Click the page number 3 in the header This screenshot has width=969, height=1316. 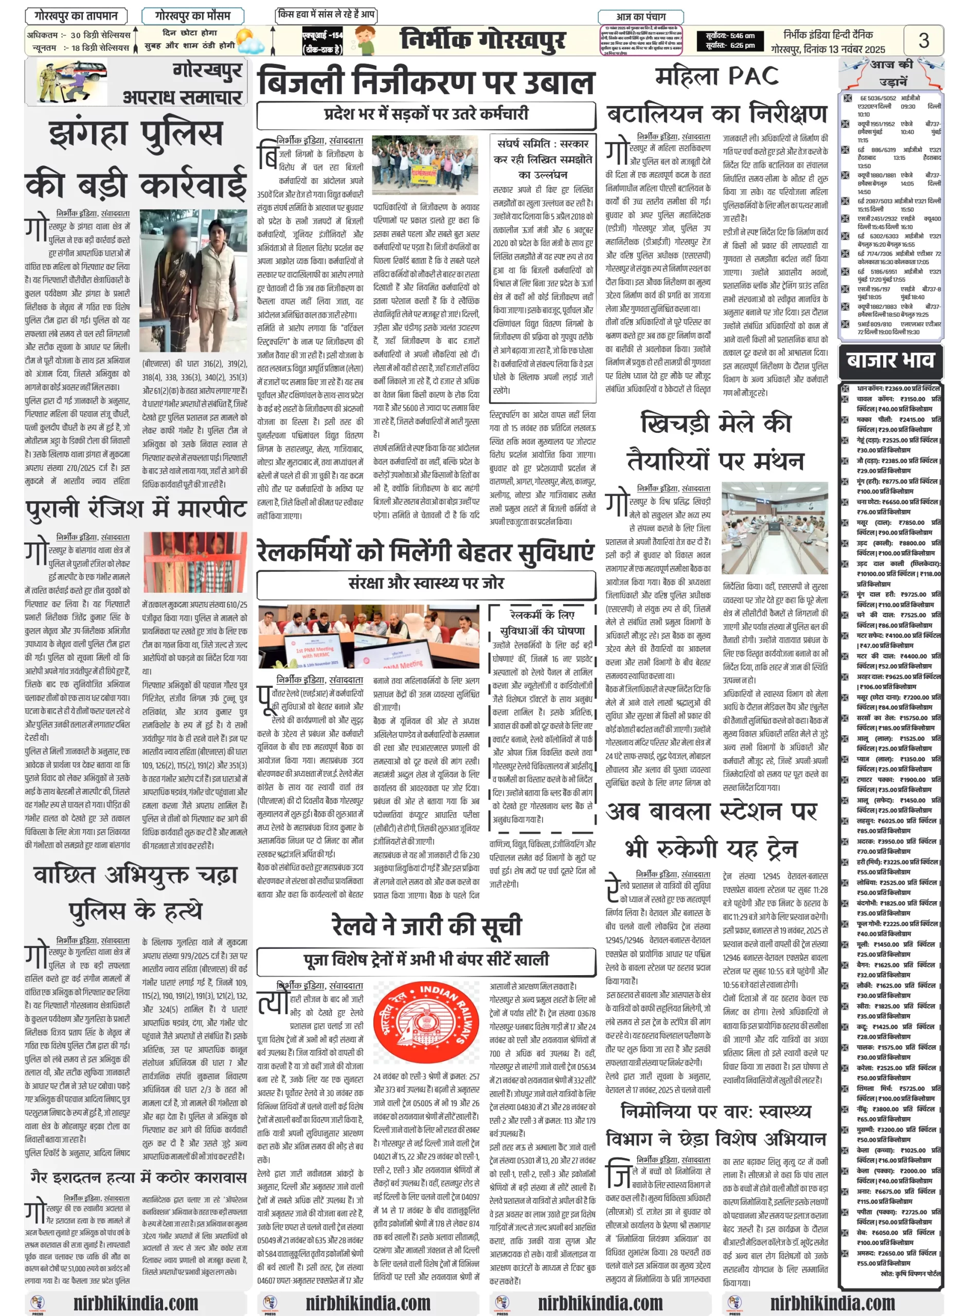click(923, 41)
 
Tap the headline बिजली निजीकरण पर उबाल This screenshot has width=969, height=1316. click(426, 82)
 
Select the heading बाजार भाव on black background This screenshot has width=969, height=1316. click(890, 359)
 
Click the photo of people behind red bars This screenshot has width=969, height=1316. click(195, 562)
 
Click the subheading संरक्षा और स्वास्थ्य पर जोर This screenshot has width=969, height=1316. click(426, 582)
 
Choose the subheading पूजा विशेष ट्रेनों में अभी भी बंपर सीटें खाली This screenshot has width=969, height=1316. click(426, 959)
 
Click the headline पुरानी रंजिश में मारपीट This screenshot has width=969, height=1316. click(136, 508)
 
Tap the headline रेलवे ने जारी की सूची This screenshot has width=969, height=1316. click(426, 924)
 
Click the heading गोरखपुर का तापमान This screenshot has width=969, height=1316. click(76, 16)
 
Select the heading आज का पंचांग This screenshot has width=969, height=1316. click(640, 17)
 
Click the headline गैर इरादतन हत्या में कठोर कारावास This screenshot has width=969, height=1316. click(138, 1177)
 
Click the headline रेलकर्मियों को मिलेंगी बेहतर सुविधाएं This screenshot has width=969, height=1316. click(426, 552)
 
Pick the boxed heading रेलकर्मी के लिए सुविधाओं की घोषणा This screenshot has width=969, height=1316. click(539, 623)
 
